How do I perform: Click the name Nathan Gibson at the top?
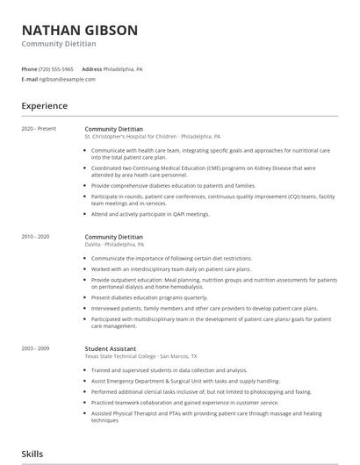pos(79,30)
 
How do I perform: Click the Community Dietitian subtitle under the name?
pos(59,44)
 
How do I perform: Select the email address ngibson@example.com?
pos(68,79)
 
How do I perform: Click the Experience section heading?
pos(44,106)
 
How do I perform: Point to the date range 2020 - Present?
pos(39,129)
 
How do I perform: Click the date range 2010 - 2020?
pos(36,237)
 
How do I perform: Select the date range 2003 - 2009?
pos(36,348)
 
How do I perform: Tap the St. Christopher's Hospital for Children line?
pos(152,137)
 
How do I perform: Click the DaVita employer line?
pos(115,245)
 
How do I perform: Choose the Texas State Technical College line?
pos(140,356)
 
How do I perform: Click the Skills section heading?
pos(32,454)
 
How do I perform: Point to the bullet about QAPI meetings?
pos(150,213)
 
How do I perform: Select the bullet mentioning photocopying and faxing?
pos(189,391)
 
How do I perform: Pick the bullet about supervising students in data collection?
pos(169,370)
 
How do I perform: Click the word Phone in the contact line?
pos(29,68)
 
